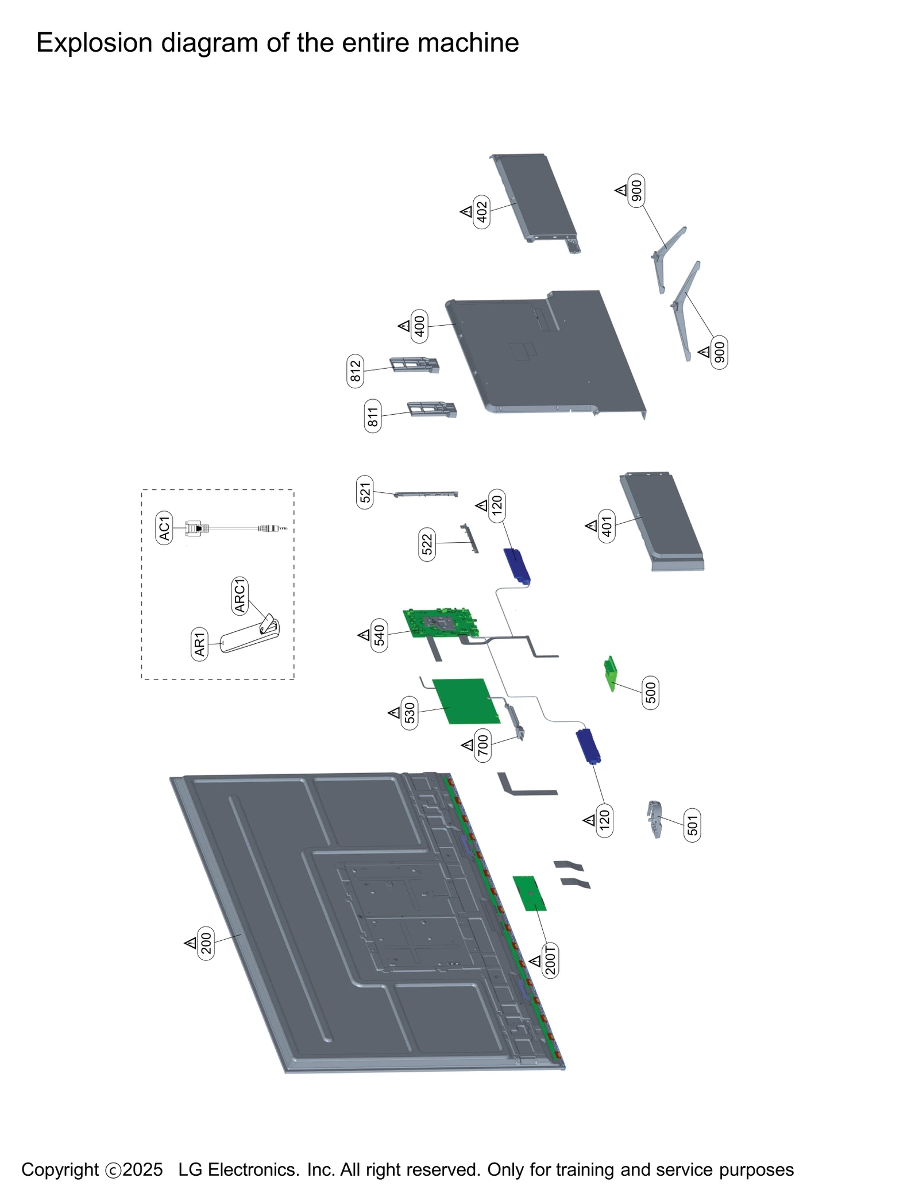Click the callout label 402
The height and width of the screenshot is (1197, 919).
(x=481, y=211)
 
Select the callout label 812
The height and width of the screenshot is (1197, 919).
(x=355, y=370)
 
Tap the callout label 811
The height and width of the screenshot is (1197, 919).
(x=372, y=416)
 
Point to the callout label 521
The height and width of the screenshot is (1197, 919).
(x=364, y=492)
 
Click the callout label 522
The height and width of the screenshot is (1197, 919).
(x=426, y=544)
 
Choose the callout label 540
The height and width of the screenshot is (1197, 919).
(x=379, y=635)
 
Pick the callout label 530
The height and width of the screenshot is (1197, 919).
(x=409, y=713)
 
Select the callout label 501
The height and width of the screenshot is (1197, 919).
(x=692, y=825)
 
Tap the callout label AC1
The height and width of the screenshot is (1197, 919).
(x=164, y=527)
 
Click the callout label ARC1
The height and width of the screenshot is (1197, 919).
(x=239, y=595)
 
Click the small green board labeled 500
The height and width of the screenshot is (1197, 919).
(x=610, y=673)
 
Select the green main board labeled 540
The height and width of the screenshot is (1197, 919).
(x=440, y=623)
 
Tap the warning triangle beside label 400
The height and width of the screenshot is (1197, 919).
(x=404, y=326)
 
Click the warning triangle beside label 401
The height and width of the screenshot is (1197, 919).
(x=591, y=525)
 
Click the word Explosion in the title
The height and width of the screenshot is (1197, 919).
(x=94, y=43)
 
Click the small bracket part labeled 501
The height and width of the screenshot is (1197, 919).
(x=654, y=818)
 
